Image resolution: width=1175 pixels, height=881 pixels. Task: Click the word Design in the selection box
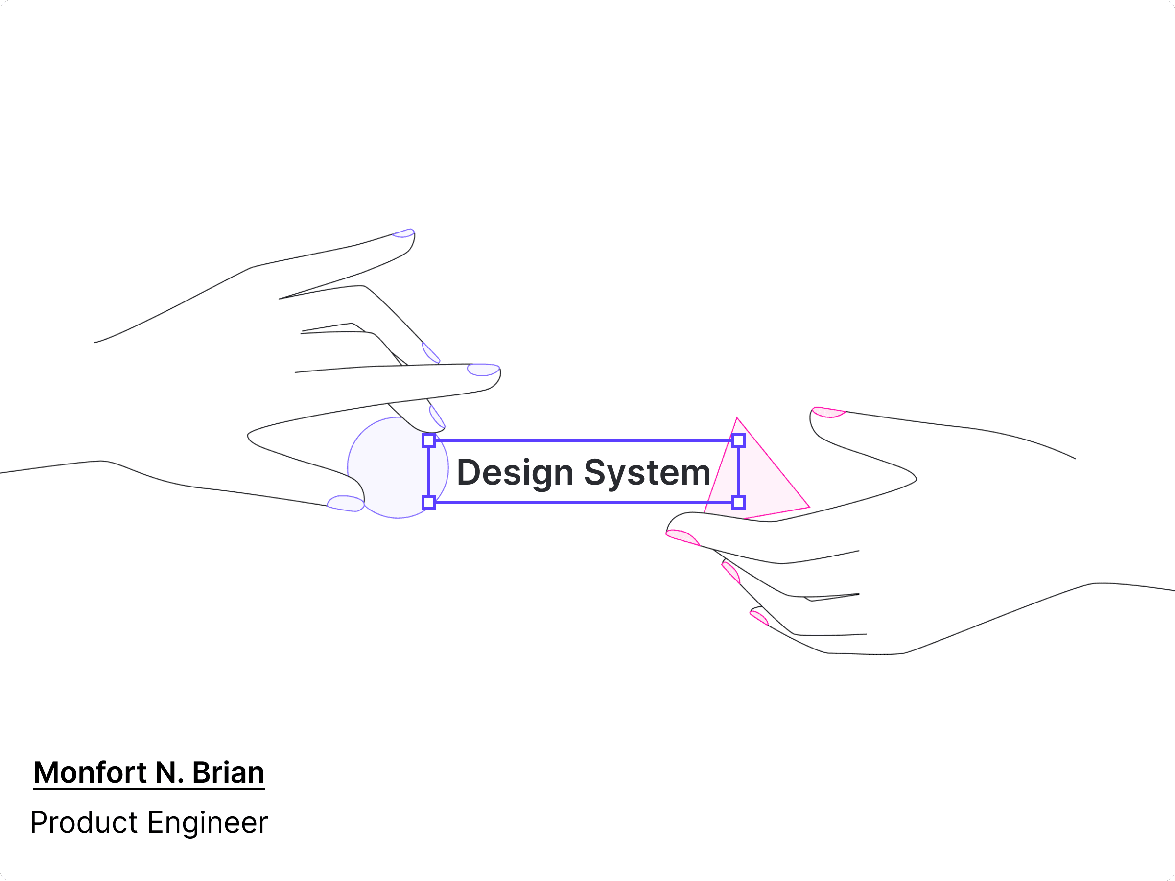point(514,473)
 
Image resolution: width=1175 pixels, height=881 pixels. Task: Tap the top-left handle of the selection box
point(429,440)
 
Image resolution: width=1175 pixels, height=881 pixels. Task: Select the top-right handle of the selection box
point(738,440)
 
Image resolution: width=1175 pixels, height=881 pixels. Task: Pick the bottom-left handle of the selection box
point(429,502)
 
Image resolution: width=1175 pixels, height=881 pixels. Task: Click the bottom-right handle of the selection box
point(738,502)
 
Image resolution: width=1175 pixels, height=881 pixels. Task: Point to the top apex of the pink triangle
point(737,419)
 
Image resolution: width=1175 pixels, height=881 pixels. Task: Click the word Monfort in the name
point(90,773)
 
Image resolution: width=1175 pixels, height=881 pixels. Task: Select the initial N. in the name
point(169,773)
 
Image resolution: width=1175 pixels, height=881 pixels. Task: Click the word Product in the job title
point(84,823)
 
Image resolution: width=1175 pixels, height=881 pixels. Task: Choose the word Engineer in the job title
point(207,823)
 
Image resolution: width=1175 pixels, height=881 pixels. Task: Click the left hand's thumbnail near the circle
point(345,503)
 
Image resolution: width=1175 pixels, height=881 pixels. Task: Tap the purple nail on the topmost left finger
point(404,232)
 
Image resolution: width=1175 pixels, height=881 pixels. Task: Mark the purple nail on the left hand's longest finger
point(483,369)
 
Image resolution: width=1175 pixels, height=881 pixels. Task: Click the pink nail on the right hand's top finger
point(828,412)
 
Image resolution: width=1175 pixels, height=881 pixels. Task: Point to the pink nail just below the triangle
point(682,537)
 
